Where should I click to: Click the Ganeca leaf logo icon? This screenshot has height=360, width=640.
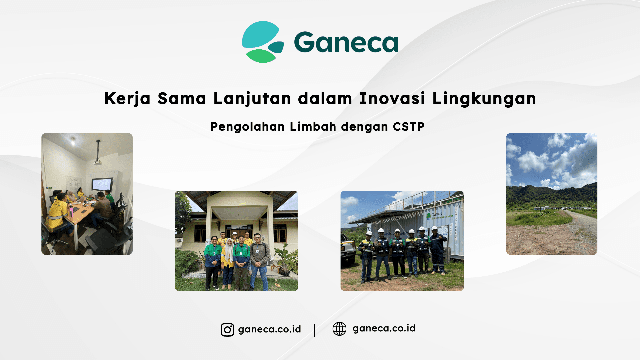263,42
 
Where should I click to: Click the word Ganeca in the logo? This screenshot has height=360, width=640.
346,42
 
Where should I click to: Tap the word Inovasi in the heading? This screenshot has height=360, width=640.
392,99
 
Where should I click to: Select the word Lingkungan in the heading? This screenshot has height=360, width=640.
484,99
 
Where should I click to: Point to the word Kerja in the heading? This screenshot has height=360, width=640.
127,99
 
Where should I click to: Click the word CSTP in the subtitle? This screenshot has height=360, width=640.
408,127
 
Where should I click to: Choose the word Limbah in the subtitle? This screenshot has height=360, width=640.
313,127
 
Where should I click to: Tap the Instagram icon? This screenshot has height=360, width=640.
227,330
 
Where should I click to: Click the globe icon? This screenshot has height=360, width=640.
339,329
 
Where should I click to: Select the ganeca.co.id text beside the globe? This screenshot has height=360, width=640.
384,329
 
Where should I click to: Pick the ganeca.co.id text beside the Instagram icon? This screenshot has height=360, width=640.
269,330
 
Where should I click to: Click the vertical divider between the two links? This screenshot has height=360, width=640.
315,330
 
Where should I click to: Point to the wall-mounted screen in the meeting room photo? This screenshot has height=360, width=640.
102,184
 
